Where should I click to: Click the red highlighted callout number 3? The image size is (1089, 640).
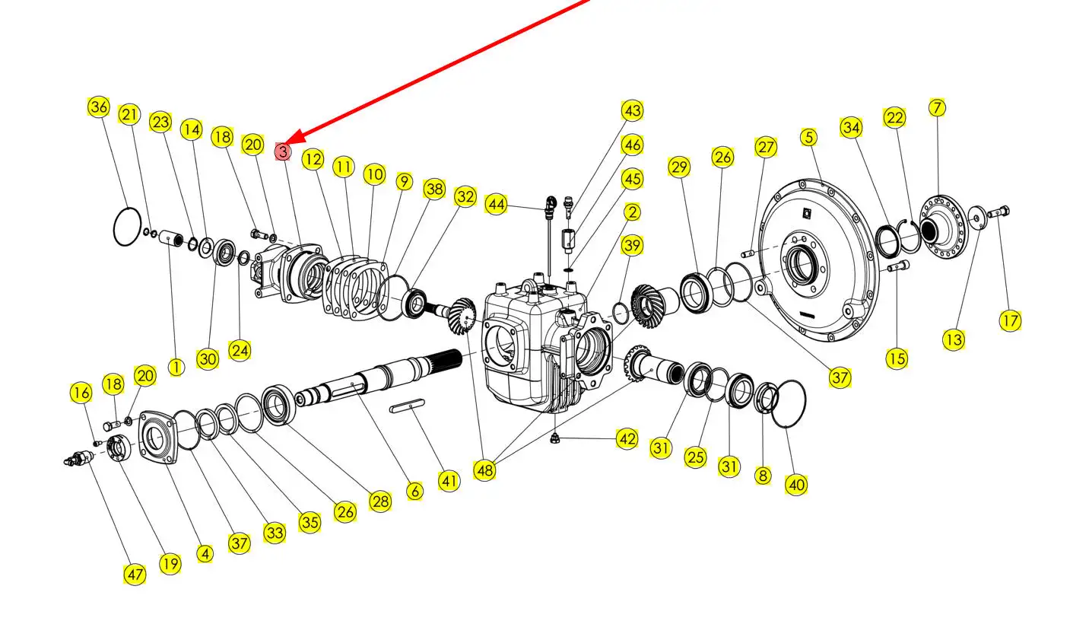(283, 151)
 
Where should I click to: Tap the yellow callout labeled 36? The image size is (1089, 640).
(99, 107)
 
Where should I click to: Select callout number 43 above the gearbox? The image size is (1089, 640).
(632, 110)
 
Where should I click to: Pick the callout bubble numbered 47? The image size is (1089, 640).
(135, 575)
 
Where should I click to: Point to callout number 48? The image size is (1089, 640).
(484, 470)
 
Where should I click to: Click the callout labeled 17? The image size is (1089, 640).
(1010, 320)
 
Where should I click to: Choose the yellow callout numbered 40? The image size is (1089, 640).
(796, 485)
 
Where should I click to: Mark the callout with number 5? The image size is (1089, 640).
(808, 138)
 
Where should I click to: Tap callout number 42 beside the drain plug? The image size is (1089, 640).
(627, 439)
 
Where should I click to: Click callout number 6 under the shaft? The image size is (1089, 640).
(414, 491)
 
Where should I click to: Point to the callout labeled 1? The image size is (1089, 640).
(176, 368)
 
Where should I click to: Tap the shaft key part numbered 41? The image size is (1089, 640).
(408, 409)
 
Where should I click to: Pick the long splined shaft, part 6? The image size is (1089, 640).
(380, 377)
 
